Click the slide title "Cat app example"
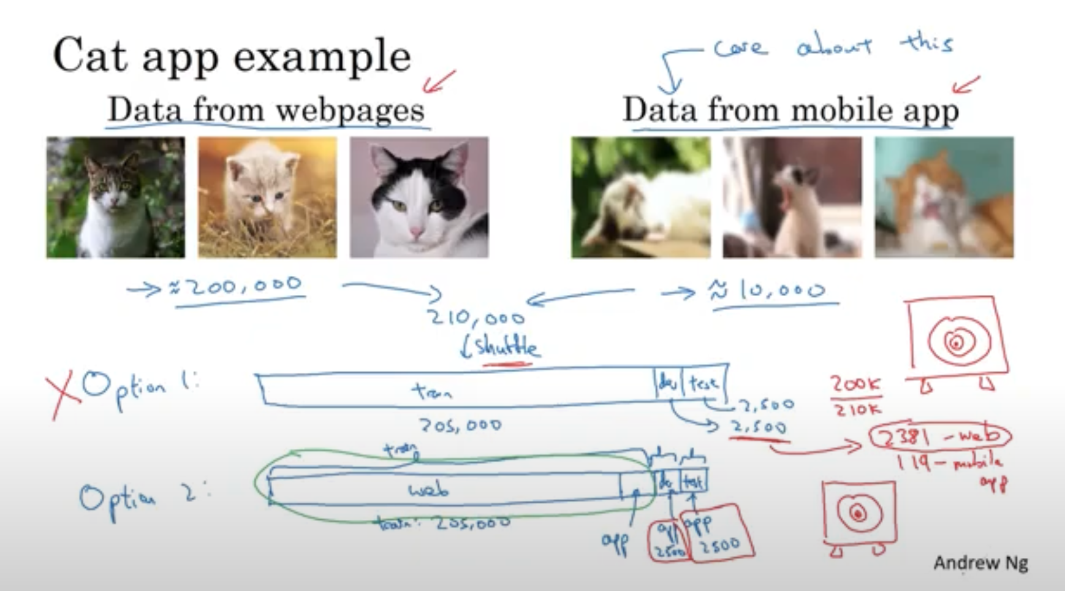[232, 56]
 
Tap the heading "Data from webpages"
[266, 110]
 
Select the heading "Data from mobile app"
[790, 110]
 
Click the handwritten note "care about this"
[833, 47]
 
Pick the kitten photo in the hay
[267, 197]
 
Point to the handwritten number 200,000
[239, 286]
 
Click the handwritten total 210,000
[476, 318]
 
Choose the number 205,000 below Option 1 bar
[460, 425]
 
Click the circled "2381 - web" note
[940, 436]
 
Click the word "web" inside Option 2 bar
[428, 489]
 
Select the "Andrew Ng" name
[980, 563]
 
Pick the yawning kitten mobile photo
[792, 197]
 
